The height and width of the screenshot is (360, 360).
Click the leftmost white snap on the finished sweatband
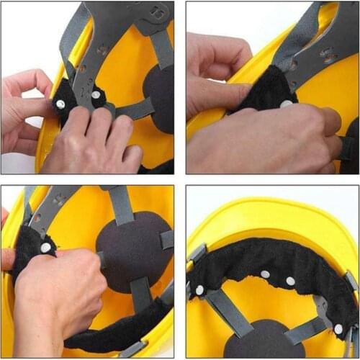[200, 289]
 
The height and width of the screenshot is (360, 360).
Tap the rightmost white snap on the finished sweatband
[338, 329]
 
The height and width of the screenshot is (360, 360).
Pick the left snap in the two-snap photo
[60, 104]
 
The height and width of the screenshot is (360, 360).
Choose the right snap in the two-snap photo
[95, 94]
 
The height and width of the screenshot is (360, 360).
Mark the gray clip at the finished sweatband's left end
[196, 253]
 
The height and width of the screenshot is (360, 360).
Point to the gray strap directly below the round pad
[140, 292]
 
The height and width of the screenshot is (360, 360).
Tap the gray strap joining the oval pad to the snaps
[133, 110]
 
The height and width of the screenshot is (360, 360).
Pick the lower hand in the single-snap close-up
[259, 144]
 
